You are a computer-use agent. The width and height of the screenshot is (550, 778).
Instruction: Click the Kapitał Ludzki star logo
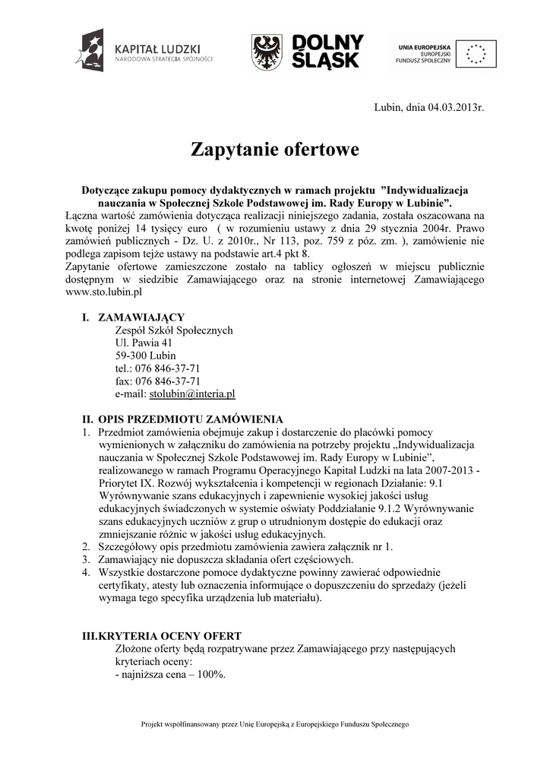pyautogui.click(x=90, y=49)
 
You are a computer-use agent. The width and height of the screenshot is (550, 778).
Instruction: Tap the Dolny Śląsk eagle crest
pyautogui.click(x=267, y=52)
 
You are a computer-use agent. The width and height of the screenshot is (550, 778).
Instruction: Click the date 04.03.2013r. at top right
pyautogui.click(x=456, y=108)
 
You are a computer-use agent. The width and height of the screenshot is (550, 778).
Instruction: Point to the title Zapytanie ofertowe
pyautogui.click(x=274, y=150)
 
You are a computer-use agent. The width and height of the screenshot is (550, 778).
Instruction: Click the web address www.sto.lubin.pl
pyautogui.click(x=104, y=292)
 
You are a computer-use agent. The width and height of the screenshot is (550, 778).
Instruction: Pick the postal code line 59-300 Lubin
pyautogui.click(x=145, y=356)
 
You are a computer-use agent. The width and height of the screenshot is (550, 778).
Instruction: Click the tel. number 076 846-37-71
pyautogui.click(x=167, y=368)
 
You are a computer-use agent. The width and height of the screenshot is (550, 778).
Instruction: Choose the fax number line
pyautogui.click(x=158, y=381)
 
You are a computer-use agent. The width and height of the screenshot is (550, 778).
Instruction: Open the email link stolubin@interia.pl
pyautogui.click(x=192, y=394)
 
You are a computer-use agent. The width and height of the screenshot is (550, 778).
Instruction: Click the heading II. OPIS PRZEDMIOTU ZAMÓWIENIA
pyautogui.click(x=182, y=419)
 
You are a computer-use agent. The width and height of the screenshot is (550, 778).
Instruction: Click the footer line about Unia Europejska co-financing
pyautogui.click(x=275, y=724)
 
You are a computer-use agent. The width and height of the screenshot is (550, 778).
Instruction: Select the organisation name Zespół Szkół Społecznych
pyautogui.click(x=174, y=330)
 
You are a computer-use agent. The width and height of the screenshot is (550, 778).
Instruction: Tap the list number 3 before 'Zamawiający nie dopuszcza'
pyautogui.click(x=87, y=559)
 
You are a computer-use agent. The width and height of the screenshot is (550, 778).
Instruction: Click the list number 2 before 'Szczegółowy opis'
pyautogui.click(x=87, y=546)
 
